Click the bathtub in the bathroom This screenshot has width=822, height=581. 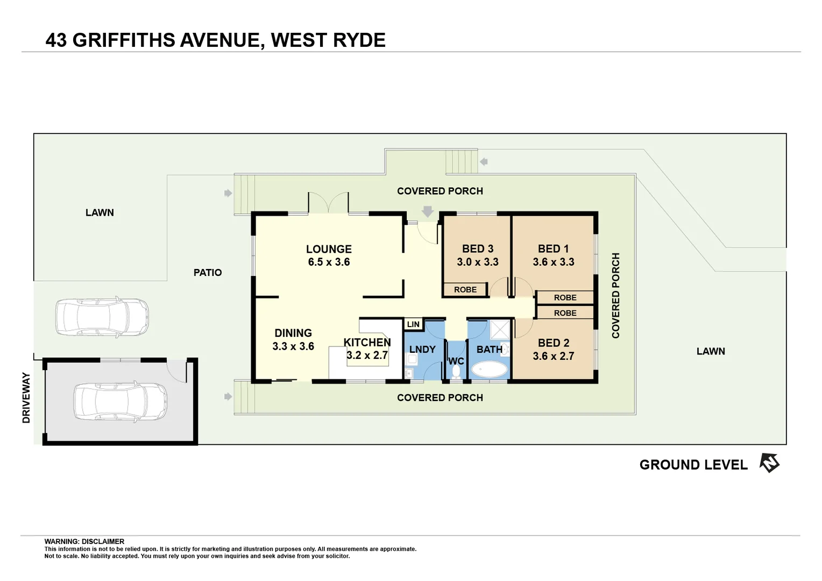(489, 369)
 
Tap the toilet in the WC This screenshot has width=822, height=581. (456, 372)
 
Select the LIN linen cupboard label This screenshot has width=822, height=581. (413, 324)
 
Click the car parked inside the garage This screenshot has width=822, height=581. (119, 401)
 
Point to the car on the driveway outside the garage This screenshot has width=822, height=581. (102, 317)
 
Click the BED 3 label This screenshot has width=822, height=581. (478, 249)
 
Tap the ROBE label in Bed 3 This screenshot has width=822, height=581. (465, 290)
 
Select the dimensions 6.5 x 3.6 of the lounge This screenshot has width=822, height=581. (329, 262)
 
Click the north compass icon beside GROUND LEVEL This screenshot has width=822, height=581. (769, 463)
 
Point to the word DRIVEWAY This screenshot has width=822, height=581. (26, 398)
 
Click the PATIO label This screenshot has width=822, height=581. (208, 273)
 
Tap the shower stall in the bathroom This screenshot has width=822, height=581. (500, 330)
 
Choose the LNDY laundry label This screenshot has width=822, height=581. (422, 350)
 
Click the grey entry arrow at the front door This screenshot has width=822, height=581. (428, 211)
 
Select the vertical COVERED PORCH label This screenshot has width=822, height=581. (616, 295)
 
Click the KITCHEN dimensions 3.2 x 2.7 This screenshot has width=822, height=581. (367, 355)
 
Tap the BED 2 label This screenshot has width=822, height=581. (554, 343)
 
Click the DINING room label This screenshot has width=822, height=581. (293, 333)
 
